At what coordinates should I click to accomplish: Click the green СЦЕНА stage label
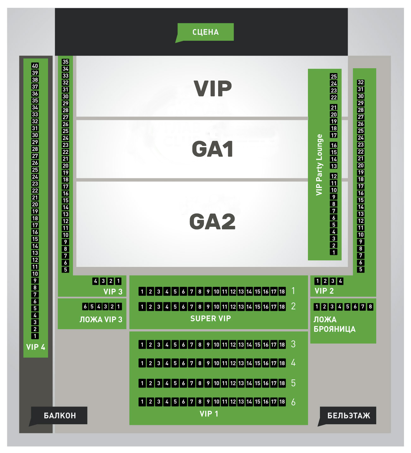[x=205, y=32]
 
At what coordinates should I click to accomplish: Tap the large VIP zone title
[x=213, y=89]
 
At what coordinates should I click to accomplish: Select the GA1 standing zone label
[x=213, y=149]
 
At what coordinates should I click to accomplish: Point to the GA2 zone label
[x=212, y=221]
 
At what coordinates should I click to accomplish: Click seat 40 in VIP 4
[x=35, y=66]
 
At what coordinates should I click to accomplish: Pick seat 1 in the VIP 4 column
[x=35, y=336]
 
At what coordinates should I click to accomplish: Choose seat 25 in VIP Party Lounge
[x=334, y=76]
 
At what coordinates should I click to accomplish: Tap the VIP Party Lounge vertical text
[x=319, y=165]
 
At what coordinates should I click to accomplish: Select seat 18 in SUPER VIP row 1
[x=282, y=292]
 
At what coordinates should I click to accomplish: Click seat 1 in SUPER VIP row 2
[x=142, y=306]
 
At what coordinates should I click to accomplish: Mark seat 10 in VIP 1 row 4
[x=216, y=363]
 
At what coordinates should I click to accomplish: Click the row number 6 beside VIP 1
[x=293, y=402]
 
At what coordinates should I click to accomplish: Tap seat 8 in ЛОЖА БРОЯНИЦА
[x=371, y=306]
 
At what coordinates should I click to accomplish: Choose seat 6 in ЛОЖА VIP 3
[x=85, y=306]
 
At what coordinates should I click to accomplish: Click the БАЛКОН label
[x=60, y=415]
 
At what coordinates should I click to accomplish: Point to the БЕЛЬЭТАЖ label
[x=348, y=415]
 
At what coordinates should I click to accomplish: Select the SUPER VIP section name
[x=211, y=318]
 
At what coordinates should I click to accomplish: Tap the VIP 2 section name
[x=324, y=291]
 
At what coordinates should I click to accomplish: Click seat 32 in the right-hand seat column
[x=361, y=82]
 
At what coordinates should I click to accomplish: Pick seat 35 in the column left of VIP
[x=65, y=62]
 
